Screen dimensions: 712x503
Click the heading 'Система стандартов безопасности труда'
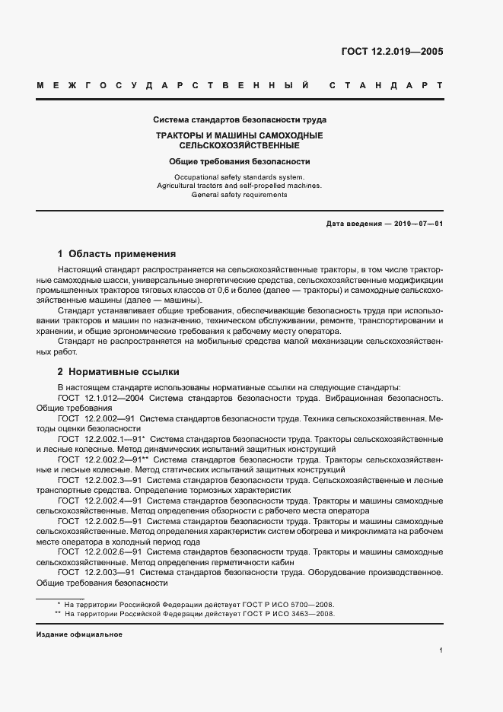240,120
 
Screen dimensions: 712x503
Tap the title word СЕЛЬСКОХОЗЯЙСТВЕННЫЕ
239,145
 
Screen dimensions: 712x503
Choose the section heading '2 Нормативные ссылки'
118,372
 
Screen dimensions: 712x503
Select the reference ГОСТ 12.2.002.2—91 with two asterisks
103,460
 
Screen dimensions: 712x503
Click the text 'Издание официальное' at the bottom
79,634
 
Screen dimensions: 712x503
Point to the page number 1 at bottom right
441,650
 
